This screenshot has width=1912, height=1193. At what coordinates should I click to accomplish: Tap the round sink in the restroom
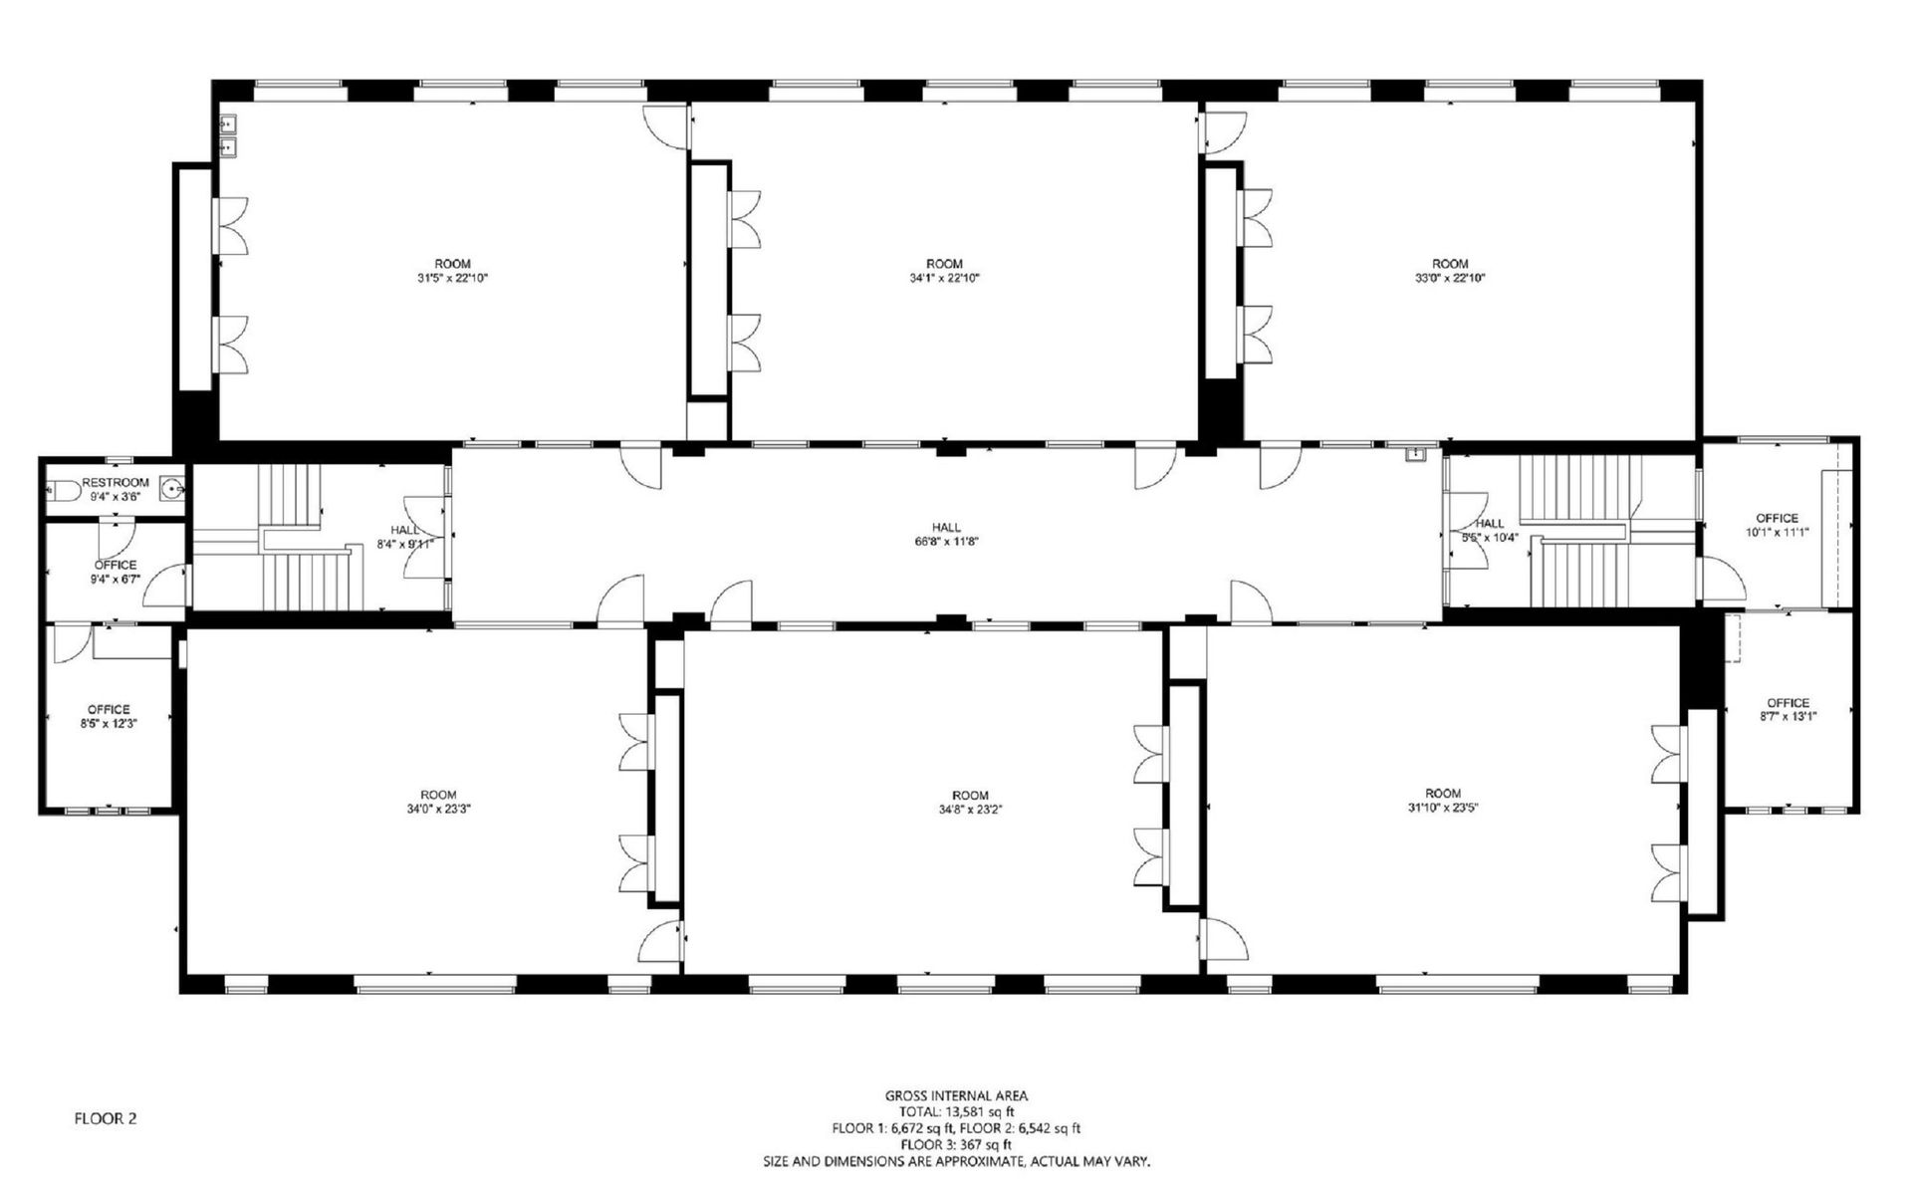point(173,489)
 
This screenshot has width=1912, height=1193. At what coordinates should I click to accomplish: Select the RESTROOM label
point(116,483)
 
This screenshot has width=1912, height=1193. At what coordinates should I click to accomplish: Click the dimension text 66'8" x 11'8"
point(946,542)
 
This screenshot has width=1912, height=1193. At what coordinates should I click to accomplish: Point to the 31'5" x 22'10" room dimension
point(452,279)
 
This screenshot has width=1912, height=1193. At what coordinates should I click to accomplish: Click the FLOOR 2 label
point(106,1119)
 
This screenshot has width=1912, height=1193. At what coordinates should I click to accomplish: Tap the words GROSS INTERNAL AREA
point(956,1096)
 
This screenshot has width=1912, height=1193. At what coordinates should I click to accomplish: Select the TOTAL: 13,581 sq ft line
point(956,1112)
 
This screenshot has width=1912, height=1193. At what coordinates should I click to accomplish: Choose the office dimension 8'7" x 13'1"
point(1789,716)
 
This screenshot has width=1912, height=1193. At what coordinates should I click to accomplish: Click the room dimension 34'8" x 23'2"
point(970,810)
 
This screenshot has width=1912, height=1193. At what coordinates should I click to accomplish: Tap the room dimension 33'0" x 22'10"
point(1450,279)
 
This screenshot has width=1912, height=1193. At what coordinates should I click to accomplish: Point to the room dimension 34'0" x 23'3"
point(438,810)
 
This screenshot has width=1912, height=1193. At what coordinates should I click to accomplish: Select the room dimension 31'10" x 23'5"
point(1442,809)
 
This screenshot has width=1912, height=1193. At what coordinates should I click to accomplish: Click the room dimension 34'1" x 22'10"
point(944,279)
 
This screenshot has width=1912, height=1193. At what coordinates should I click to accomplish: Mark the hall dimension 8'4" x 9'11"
point(405,544)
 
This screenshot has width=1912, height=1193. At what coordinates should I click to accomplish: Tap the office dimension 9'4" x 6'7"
point(116,579)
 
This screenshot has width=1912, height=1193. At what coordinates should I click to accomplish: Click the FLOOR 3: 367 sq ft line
point(956,1145)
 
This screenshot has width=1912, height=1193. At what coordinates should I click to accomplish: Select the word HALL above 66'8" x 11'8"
point(946,528)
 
